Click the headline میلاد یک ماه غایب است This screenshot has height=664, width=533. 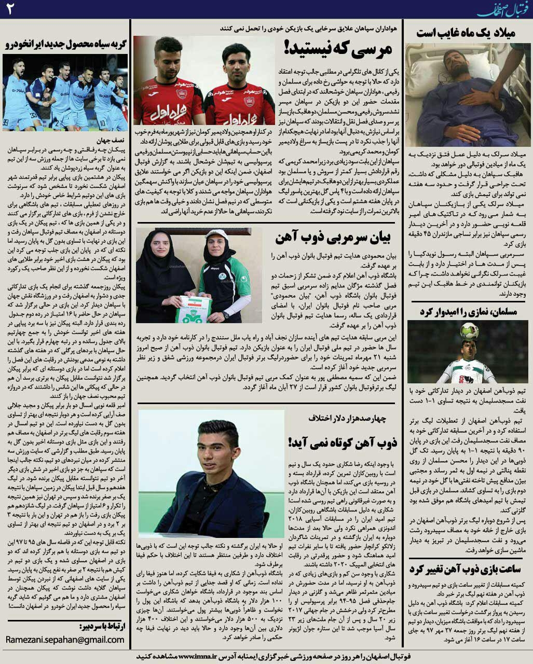pyautogui.click(x=466, y=33)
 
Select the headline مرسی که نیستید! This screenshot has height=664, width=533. pyautogui.click(x=338, y=49)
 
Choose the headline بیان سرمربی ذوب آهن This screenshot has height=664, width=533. pyautogui.click(x=335, y=238)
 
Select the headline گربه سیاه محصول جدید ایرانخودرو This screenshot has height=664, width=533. pyautogui.click(x=66, y=45)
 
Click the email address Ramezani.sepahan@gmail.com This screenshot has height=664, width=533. pyautogui.click(x=65, y=640)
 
